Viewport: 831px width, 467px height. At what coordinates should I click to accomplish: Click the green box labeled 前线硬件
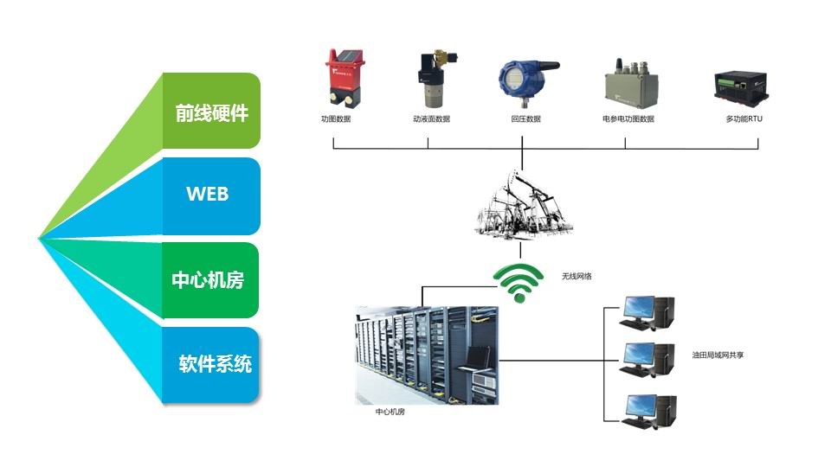pos(211,112)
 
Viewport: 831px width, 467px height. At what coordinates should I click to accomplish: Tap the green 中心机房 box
pos(209,280)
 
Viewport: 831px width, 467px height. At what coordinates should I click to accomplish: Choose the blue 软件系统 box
pos(210,365)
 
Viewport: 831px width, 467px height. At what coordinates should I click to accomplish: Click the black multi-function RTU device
pos(741,86)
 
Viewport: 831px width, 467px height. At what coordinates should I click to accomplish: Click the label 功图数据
pos(336,119)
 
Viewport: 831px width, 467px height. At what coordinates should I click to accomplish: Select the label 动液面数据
pos(431,119)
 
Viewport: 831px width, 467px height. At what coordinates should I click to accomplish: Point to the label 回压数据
pos(525,119)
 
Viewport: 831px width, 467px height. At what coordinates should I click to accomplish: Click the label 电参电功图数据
pos(628,119)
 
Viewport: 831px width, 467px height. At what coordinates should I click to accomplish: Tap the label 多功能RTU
pos(744,119)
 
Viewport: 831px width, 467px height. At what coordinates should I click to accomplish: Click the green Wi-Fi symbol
pos(519,283)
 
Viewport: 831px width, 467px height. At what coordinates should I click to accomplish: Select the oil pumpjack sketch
pos(523,204)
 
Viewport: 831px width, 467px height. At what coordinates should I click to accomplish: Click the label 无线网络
pos(577,277)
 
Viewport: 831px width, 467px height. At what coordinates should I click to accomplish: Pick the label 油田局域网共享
pos(718,355)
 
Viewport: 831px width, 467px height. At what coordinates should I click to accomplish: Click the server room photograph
pos(427,355)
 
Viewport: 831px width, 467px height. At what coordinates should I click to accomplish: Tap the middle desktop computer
pos(647,360)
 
